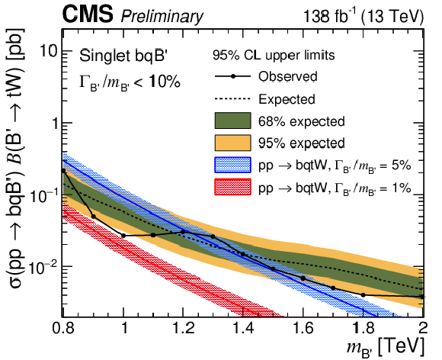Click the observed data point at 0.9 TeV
(x=94, y=217)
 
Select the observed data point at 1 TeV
(x=123, y=236)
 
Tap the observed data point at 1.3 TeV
(x=213, y=236)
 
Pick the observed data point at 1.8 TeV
(x=363, y=295)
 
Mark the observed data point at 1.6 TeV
(x=303, y=278)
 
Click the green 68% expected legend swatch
(x=232, y=121)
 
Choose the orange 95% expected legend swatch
(x=232, y=143)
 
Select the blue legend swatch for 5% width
(x=232, y=165)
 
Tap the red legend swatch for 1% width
(x=232, y=187)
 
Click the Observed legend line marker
(x=232, y=76)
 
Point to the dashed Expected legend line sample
(x=232, y=98)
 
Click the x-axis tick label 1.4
(x=243, y=329)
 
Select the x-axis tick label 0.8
(x=62, y=329)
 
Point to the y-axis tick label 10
(x=49, y=51)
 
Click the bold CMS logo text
(x=88, y=15)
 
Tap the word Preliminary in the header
(x=162, y=17)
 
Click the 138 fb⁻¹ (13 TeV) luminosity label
(x=364, y=16)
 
